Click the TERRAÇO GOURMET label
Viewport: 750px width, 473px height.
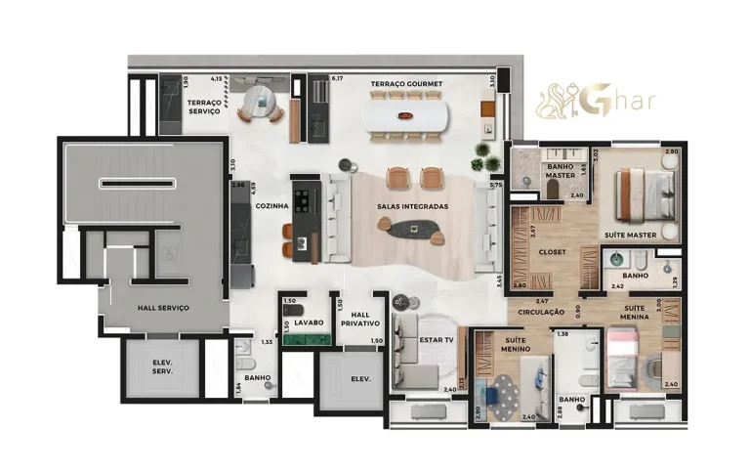(406, 85)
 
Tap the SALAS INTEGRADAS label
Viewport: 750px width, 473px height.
(413, 207)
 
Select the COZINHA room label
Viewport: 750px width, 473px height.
(271, 207)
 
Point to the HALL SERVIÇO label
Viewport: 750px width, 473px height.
(163, 308)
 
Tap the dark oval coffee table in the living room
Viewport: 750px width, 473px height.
(413, 230)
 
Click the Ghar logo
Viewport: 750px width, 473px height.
(596, 101)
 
